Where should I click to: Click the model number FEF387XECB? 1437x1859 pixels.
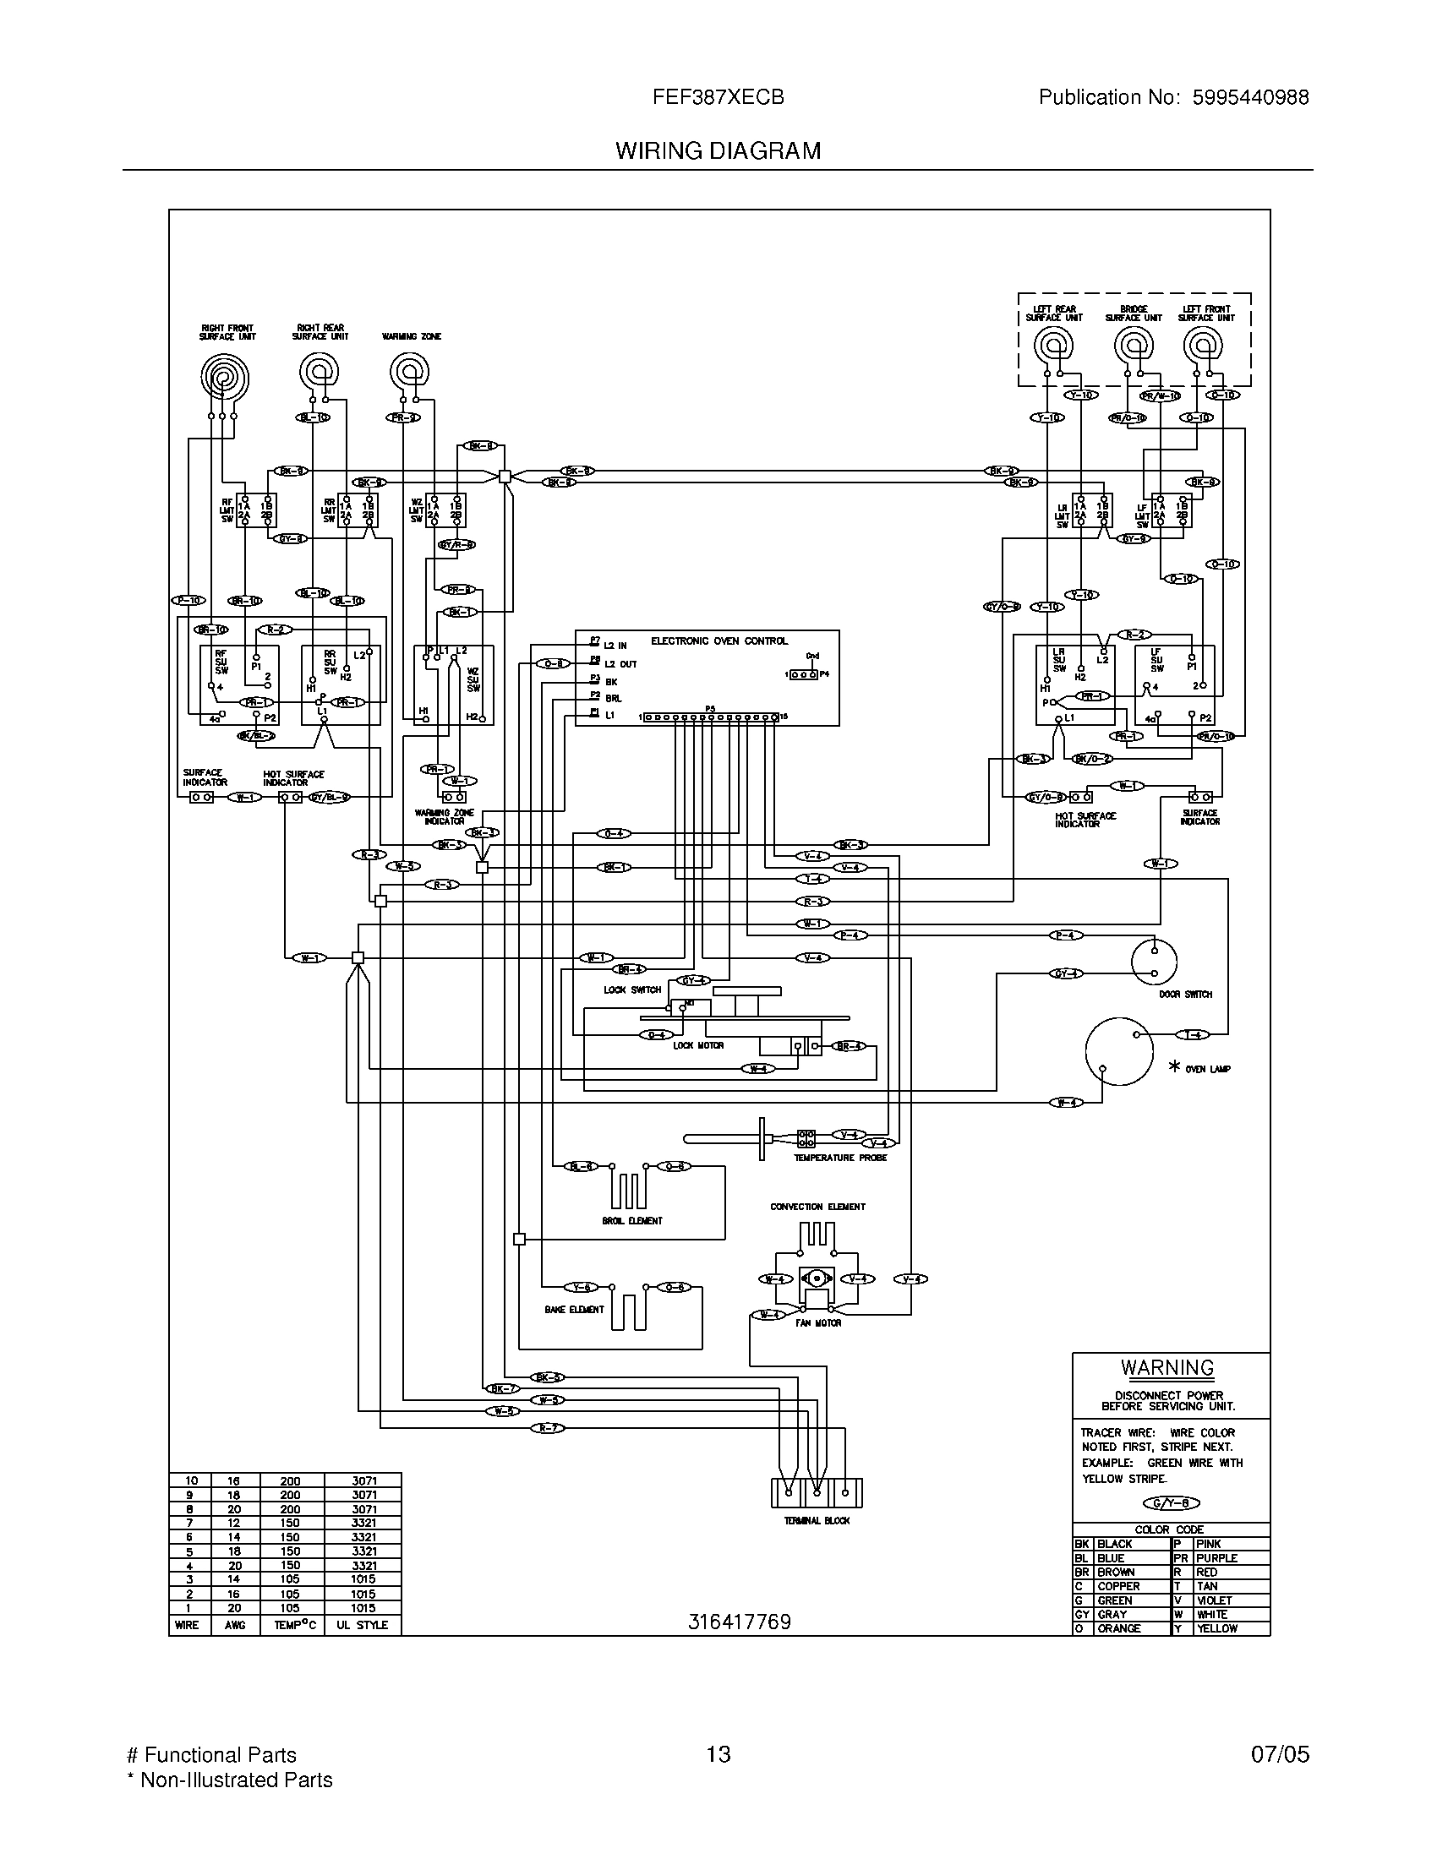click(x=718, y=98)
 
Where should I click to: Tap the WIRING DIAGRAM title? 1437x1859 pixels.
click(x=718, y=151)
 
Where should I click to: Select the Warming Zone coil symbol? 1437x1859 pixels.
click(x=409, y=372)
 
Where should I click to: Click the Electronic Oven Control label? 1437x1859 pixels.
click(x=719, y=641)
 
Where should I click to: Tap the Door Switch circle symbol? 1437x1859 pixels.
click(x=1154, y=962)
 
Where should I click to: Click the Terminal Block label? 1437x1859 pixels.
click(x=817, y=1520)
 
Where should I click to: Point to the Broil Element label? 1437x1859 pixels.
click(x=631, y=1221)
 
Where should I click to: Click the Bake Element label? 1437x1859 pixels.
click(x=575, y=1310)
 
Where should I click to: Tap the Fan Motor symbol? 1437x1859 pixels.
click(x=817, y=1279)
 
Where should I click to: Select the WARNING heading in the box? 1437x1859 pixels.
click(x=1167, y=1368)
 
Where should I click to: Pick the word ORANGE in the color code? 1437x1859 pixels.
click(x=1118, y=1628)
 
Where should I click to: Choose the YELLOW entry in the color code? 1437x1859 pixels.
click(x=1216, y=1628)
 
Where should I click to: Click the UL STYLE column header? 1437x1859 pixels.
click(x=362, y=1625)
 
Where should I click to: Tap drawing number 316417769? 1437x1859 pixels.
click(x=740, y=1622)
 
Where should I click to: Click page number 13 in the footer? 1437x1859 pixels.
click(x=718, y=1755)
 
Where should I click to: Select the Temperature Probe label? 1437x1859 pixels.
click(x=840, y=1158)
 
